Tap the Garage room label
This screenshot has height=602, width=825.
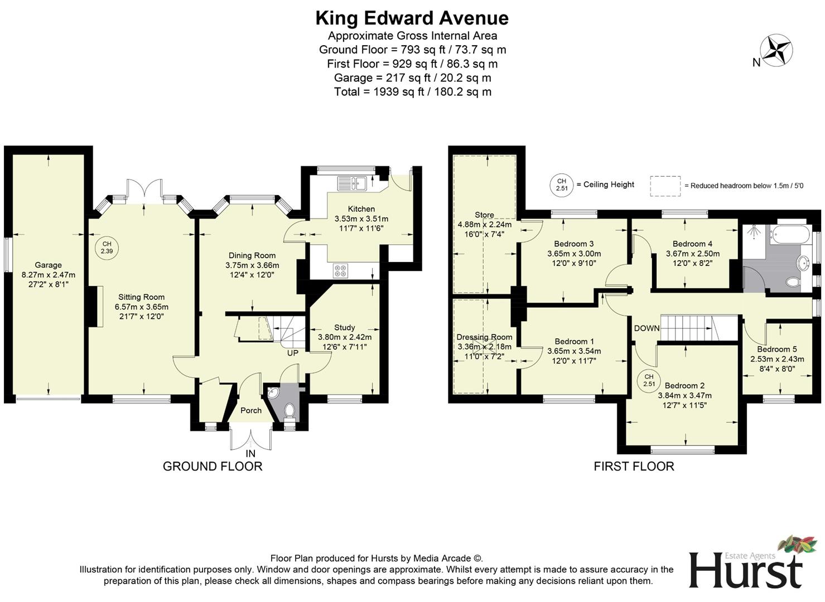coord(48,265)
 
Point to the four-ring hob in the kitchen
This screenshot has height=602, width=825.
coord(340,271)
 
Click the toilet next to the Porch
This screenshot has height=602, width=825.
coord(289,411)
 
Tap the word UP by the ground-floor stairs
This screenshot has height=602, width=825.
coord(293,353)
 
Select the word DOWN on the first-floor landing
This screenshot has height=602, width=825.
coord(647,328)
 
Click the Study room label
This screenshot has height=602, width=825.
coord(344,328)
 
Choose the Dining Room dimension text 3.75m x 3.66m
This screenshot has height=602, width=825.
coord(252,265)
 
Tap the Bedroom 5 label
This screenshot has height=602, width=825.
coord(777,349)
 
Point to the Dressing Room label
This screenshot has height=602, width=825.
coord(484,337)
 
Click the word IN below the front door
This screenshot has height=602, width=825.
coord(251,454)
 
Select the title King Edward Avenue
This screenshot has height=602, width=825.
coord(412,18)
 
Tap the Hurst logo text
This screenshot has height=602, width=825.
coord(745,571)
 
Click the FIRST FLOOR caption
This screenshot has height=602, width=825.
coord(634,467)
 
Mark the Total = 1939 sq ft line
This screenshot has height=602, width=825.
coord(412,92)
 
